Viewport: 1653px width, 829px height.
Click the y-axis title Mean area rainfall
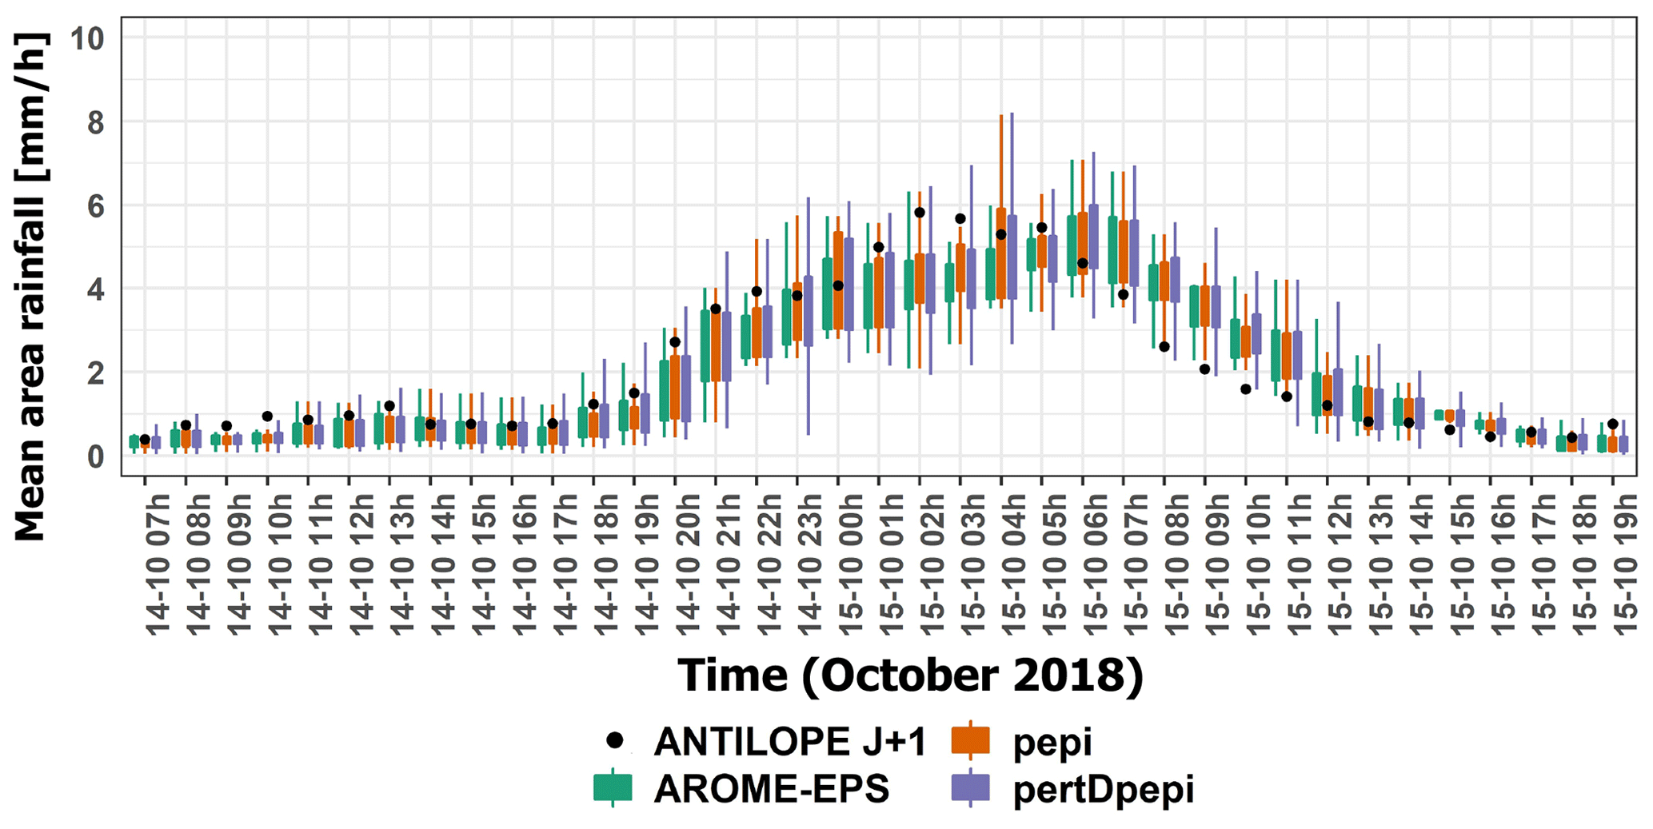point(30,288)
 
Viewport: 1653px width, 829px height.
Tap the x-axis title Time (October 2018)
point(910,676)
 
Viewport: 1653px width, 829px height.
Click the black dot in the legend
point(615,741)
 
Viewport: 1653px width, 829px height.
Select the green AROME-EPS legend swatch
point(613,788)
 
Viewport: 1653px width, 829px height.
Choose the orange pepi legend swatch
point(970,741)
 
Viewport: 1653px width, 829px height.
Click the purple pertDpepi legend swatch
point(970,788)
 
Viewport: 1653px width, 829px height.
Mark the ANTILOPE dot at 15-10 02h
point(920,213)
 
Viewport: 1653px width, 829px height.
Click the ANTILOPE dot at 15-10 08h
point(1164,346)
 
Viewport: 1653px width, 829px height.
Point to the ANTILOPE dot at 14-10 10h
point(267,416)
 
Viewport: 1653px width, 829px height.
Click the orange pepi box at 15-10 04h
point(1000,253)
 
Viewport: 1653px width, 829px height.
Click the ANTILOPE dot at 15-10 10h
point(1246,389)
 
